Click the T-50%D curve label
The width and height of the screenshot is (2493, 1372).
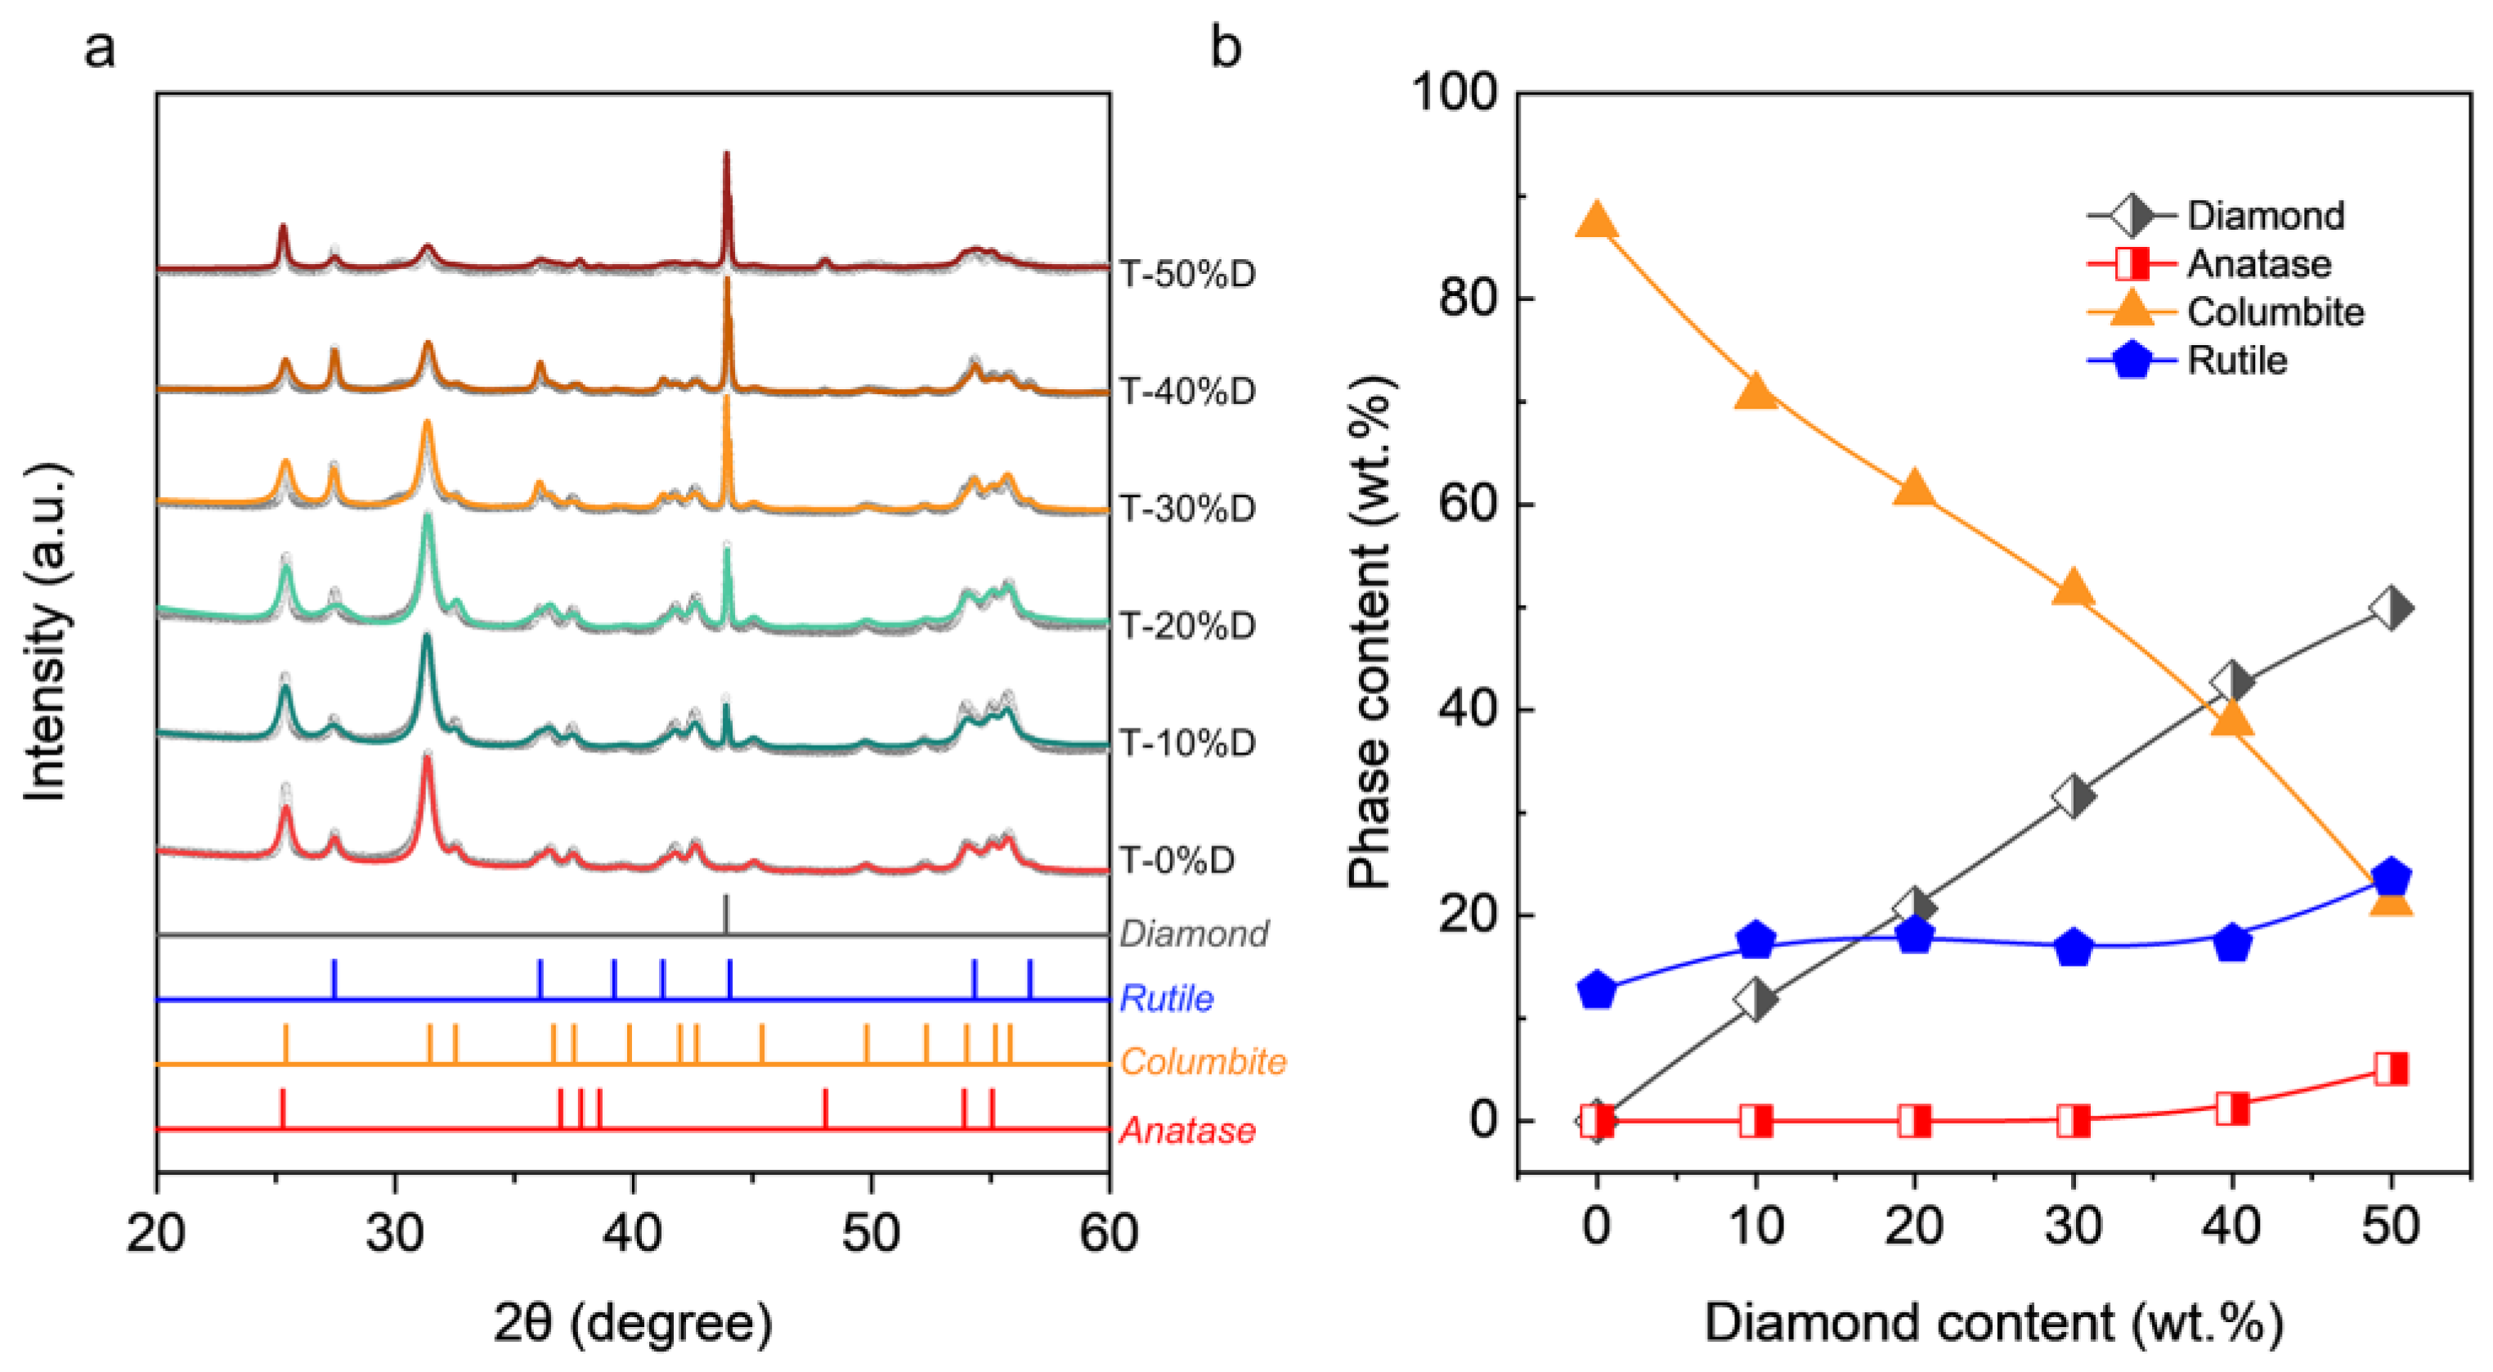[1187, 274]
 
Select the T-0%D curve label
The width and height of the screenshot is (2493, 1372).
[1177, 860]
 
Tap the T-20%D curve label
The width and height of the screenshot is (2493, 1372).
[1187, 626]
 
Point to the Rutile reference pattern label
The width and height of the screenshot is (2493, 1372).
[1166, 998]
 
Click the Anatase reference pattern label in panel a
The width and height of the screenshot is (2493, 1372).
[1187, 1130]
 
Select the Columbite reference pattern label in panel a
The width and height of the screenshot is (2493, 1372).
[1203, 1062]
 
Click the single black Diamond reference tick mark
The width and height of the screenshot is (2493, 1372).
[726, 913]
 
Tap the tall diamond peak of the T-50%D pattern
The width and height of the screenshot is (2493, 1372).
[727, 164]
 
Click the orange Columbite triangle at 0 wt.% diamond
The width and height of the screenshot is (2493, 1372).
[1597, 221]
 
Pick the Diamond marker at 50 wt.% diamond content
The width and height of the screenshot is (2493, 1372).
[2391, 608]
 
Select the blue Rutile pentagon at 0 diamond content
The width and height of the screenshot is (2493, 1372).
[1597, 990]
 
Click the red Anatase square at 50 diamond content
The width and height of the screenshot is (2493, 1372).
[2391, 1069]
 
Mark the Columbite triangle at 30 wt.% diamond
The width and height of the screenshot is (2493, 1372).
[2073, 586]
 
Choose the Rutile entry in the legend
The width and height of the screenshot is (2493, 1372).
[2235, 361]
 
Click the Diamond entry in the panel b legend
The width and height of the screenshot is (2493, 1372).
[2265, 216]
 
